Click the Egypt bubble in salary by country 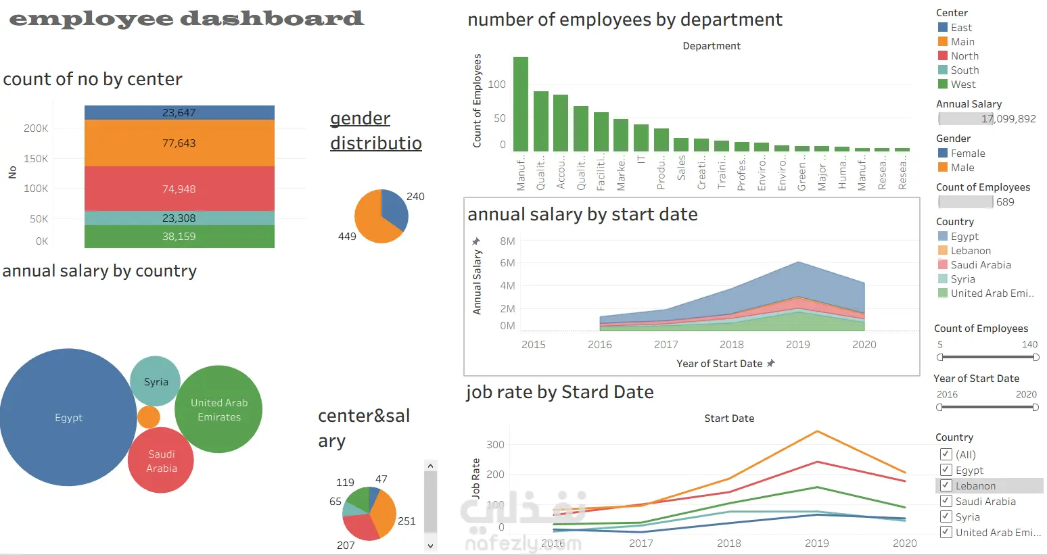pos(68,418)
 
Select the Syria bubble pos(156,381)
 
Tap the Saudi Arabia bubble pos(161,461)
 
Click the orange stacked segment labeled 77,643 pos(179,143)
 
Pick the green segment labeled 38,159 pos(179,237)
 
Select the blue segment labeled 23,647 pos(179,113)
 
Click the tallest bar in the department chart pos(521,104)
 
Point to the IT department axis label pos(641,160)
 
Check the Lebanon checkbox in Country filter pos(946,485)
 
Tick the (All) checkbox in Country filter pos(946,454)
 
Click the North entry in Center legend pos(964,56)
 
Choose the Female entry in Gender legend pos(967,153)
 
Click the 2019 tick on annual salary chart pos(798,345)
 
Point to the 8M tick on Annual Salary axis pos(507,241)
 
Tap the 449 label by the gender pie pos(347,237)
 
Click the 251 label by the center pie pos(406,521)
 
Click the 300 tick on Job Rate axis pos(495,445)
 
